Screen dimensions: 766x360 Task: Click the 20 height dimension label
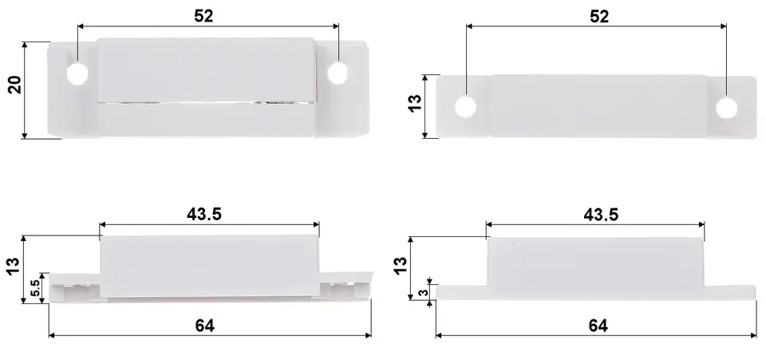[x=15, y=85]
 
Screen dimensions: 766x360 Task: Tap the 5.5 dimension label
[x=36, y=287]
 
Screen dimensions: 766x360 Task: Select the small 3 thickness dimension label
[x=424, y=293]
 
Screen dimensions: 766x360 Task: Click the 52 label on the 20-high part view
[x=203, y=16]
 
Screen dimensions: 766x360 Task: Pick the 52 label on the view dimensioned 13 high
[x=599, y=17]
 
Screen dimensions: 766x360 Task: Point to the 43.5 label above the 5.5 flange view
[x=204, y=214]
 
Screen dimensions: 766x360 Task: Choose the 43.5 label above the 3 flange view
[x=601, y=215]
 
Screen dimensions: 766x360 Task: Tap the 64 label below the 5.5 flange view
[x=205, y=326]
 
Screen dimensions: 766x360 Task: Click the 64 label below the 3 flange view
[x=598, y=326]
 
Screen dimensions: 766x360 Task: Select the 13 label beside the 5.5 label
[x=14, y=267]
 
